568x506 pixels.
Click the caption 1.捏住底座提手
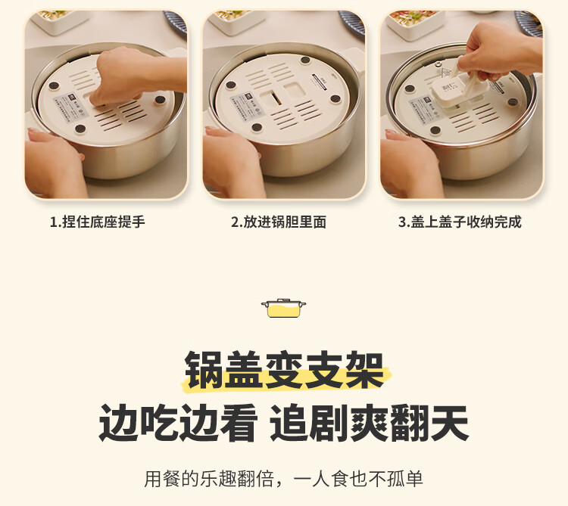[x=97, y=222]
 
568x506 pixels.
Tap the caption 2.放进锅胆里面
[x=279, y=222]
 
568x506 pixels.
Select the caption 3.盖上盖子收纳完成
[x=460, y=222]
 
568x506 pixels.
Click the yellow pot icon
[x=283, y=309]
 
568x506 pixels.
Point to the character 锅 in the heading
[x=204, y=370]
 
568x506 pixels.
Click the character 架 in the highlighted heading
[x=364, y=370]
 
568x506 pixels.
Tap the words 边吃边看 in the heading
[x=177, y=422]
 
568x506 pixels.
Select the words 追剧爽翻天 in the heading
[x=369, y=422]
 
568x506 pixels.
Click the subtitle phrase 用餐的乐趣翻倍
[x=209, y=479]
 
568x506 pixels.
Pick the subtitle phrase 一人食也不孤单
[x=358, y=479]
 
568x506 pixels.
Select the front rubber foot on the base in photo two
[x=257, y=127]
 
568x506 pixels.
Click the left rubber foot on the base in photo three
[x=410, y=88]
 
